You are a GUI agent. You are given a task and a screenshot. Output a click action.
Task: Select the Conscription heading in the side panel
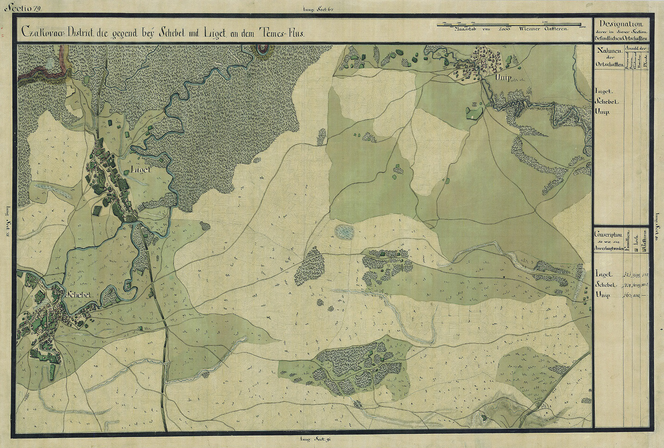(x=608, y=235)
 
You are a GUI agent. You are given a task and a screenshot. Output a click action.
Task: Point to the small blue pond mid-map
(x=344, y=232)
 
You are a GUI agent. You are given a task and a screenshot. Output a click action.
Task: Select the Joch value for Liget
(x=636, y=274)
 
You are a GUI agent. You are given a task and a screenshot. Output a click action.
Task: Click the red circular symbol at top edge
(x=262, y=49)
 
